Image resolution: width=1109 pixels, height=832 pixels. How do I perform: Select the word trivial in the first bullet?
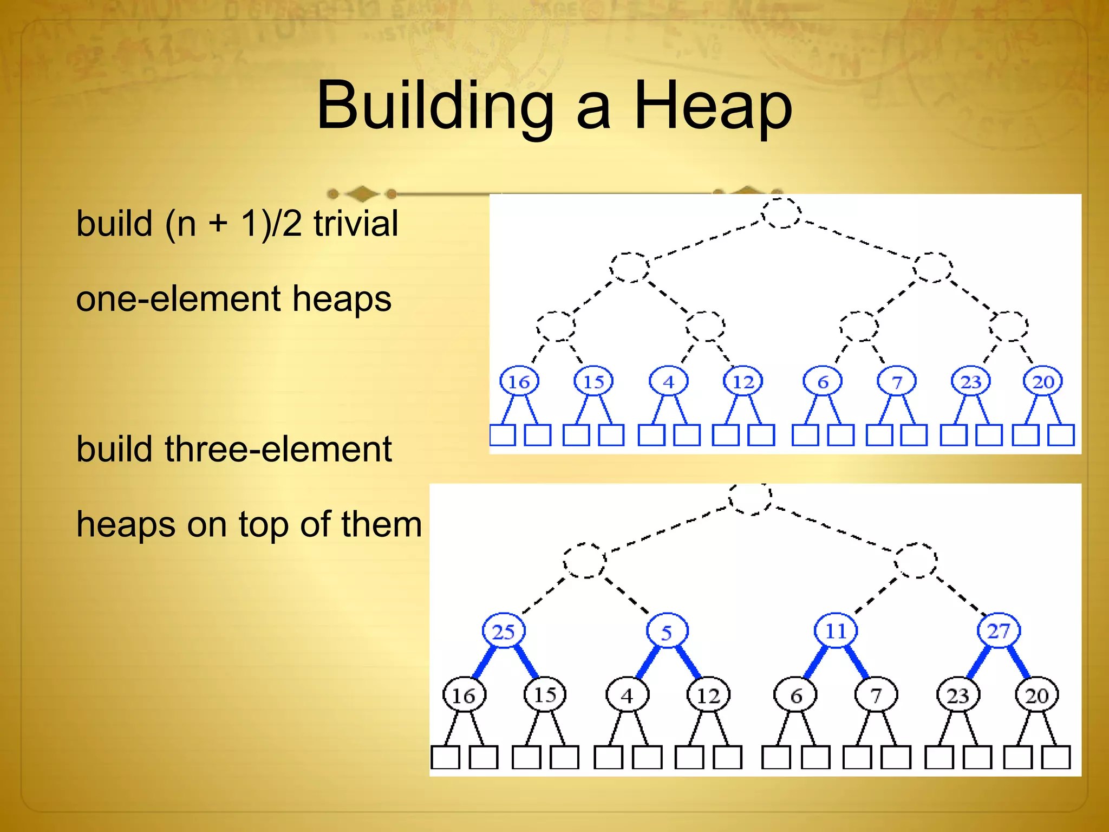pos(356,223)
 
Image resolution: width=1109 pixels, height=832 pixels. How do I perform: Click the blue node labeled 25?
pos(503,631)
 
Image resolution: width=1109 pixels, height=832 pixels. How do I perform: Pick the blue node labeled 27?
pos(999,630)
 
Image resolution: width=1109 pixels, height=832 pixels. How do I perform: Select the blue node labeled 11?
pos(836,630)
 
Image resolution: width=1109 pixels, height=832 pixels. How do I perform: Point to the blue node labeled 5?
pos(667,632)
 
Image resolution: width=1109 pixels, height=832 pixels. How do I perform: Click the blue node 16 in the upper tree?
pos(519,381)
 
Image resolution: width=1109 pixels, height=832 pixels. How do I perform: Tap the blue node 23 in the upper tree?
pos(971,381)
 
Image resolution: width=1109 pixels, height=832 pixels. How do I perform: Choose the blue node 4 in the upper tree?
pos(669,381)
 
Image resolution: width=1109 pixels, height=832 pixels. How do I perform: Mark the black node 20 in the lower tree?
pos(1036,695)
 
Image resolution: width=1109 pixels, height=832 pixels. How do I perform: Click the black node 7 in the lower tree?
pos(876,695)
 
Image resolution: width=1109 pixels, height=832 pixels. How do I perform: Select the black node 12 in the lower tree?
pos(708,695)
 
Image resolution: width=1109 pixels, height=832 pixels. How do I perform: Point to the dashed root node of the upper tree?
pos(781,213)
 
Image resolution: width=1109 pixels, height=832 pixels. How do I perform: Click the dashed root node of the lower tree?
pos(750,498)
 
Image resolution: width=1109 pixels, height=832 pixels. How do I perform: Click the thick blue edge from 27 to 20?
pos(1018,661)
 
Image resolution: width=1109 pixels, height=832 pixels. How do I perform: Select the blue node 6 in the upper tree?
pos(823,381)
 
